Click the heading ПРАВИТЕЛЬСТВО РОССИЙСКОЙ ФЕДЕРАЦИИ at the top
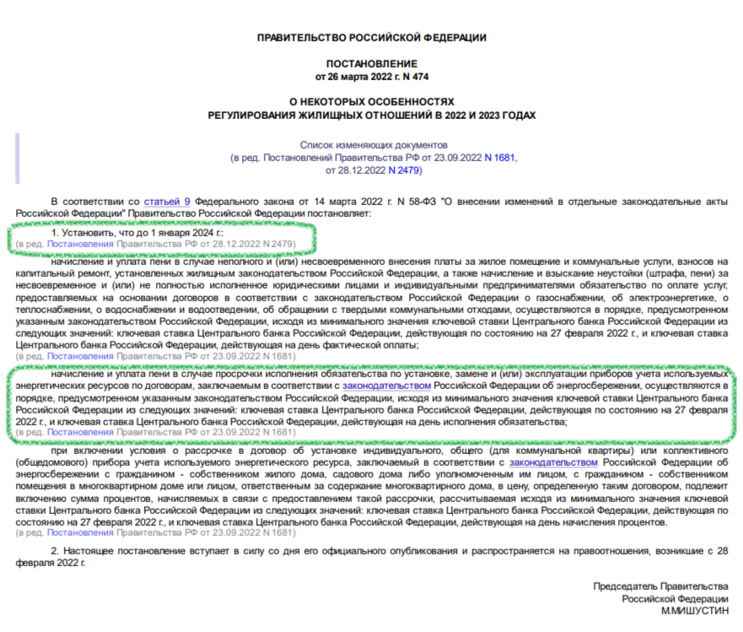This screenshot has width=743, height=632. coord(371,37)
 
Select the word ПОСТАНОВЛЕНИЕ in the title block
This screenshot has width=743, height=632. coord(371,64)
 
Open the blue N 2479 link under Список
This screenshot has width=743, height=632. coord(402,170)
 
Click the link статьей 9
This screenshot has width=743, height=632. coord(167,202)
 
